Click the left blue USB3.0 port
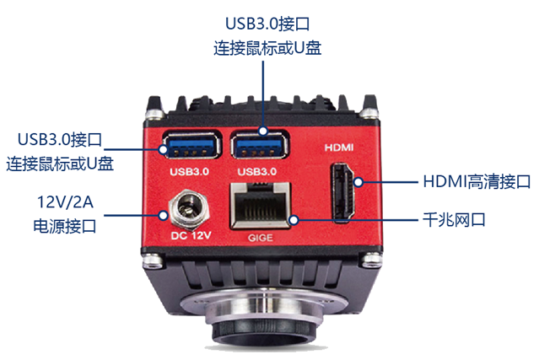pos(194,148)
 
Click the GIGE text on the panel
pos(261,239)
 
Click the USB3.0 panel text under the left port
pos(189,171)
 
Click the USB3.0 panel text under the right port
pos(258,171)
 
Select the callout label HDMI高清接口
pos(476,181)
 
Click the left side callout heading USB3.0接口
pos(60,138)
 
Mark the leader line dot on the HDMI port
pos(357,181)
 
